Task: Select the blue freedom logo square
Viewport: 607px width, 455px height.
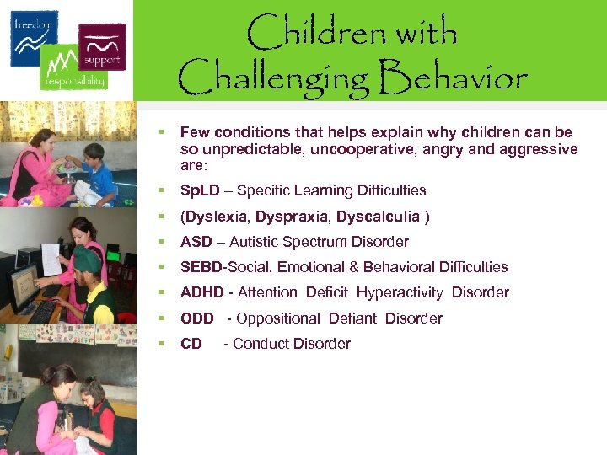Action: (35, 38)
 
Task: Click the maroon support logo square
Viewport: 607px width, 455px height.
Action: (101, 45)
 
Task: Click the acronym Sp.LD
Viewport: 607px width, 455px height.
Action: (200, 190)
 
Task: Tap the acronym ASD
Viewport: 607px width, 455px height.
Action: (196, 242)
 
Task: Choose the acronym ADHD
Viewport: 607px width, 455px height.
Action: (201, 292)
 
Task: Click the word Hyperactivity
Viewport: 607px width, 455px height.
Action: (400, 292)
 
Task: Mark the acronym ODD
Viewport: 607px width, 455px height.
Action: (197, 318)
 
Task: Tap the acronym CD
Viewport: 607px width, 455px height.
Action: (191, 343)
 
